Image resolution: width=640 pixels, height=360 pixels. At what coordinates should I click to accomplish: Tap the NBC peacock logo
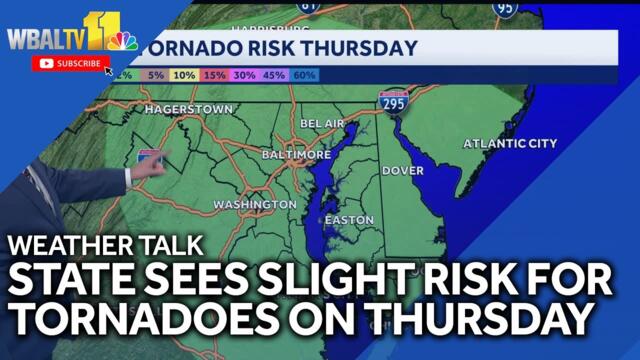pyautogui.click(x=122, y=42)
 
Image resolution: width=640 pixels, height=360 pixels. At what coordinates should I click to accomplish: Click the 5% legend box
pyautogui.click(x=156, y=75)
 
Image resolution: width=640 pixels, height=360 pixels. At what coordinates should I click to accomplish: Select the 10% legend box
pyautogui.click(x=184, y=75)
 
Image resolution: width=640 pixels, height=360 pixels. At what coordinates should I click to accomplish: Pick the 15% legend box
pyautogui.click(x=214, y=75)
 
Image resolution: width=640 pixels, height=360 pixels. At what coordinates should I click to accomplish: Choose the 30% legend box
pyautogui.click(x=244, y=75)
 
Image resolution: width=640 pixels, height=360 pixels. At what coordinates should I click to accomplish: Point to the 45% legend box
pyautogui.click(x=274, y=75)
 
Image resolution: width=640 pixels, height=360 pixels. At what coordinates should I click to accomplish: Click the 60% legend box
pyautogui.click(x=304, y=75)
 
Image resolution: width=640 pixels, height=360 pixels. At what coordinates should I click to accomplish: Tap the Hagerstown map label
pyautogui.click(x=188, y=108)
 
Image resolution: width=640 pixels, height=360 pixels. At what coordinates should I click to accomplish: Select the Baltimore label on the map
pyautogui.click(x=296, y=156)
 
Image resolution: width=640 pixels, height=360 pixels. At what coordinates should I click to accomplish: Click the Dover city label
pyautogui.click(x=403, y=171)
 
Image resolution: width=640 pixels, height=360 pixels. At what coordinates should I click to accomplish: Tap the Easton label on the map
pyautogui.click(x=350, y=220)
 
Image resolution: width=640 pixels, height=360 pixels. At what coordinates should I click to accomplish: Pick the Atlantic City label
pyautogui.click(x=510, y=144)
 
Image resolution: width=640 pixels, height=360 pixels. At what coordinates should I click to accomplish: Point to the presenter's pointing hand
pyautogui.click(x=147, y=167)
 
